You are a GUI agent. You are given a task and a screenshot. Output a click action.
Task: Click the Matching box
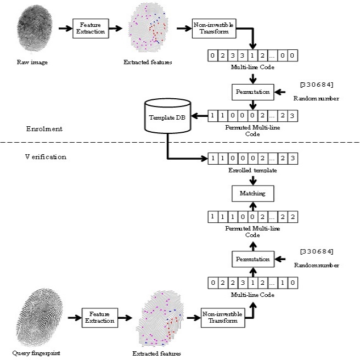[x=252, y=193]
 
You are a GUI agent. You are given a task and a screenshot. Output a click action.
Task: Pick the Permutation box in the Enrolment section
[x=252, y=92]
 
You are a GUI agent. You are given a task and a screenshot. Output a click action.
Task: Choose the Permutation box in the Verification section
[x=252, y=258]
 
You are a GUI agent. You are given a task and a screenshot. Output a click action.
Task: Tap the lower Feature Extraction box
[x=99, y=317]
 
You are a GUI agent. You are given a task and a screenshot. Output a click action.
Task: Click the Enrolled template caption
[x=252, y=171]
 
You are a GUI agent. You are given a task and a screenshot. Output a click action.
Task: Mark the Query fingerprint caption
[x=36, y=351]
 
